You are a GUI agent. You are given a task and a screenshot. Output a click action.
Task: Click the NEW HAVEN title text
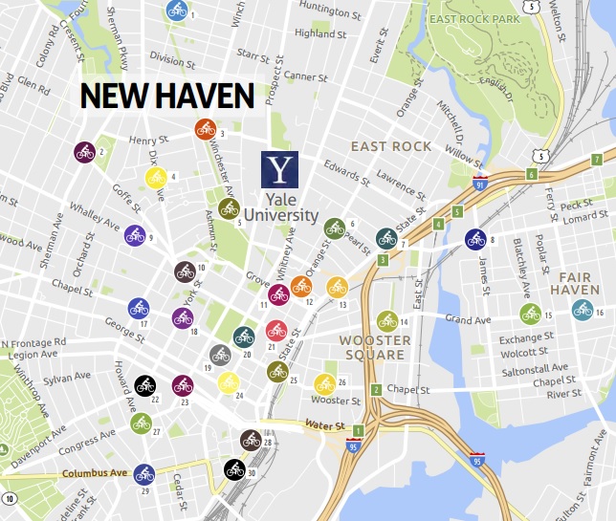tap(166, 96)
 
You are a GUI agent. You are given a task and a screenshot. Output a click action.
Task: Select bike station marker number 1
tap(177, 11)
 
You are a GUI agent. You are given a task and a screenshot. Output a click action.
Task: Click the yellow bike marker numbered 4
tap(155, 177)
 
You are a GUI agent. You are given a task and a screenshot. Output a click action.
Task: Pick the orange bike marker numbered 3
tap(205, 129)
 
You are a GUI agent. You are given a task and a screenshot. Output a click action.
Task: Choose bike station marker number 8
tap(475, 239)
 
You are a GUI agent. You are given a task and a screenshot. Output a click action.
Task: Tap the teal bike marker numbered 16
tap(582, 309)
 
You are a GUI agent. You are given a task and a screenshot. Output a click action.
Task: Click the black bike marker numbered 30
tap(234, 469)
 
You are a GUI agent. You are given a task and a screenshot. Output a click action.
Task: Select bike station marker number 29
tap(144, 473)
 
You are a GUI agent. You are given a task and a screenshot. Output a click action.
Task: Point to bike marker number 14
tap(386, 320)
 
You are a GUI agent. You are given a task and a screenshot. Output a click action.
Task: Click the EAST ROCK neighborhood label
tap(391, 146)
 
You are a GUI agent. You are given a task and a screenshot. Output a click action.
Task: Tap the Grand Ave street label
tap(468, 319)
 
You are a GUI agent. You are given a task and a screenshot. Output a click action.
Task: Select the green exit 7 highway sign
tap(596, 159)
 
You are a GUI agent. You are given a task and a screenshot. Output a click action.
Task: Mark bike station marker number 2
tap(84, 151)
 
